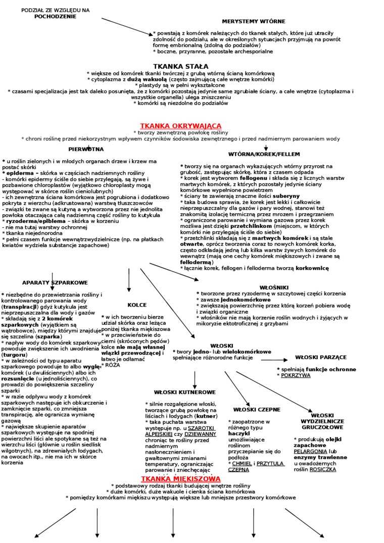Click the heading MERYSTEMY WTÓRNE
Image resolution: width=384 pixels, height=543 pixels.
point(254,21)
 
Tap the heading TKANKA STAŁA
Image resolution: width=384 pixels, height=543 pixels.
point(180,66)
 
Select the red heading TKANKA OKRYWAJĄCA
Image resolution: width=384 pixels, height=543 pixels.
point(180,125)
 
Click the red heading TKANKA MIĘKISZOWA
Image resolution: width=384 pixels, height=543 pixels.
point(180,478)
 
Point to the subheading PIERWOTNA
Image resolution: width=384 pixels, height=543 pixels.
point(86,149)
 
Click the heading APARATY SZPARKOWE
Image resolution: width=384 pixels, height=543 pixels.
point(55,282)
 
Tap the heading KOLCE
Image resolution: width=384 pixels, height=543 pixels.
point(137,305)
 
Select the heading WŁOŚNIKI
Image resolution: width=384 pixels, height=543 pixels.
point(277,287)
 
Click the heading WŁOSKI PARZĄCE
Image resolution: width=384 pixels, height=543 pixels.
point(321,357)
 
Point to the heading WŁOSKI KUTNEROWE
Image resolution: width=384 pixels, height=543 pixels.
point(184,392)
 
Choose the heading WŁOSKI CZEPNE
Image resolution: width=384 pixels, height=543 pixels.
point(257,409)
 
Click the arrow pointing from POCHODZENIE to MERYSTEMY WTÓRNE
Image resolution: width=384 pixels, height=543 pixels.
point(126,26)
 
